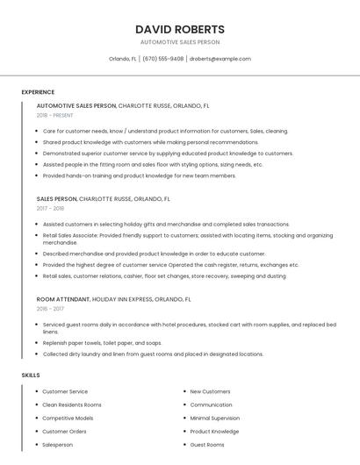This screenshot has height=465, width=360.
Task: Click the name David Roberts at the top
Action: pos(180,29)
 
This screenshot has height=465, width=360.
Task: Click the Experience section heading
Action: pos(38,92)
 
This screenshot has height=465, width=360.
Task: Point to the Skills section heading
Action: pos(31,375)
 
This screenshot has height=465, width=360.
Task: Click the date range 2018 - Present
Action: pos(54,115)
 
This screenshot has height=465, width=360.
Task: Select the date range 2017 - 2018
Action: pos(50,209)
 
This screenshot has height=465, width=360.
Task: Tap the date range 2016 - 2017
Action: pos(50,309)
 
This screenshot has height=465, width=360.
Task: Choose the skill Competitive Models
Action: pos(68,418)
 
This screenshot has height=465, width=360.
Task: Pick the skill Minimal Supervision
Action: pos(214,418)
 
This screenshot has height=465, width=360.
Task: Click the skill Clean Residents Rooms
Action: pos(72,404)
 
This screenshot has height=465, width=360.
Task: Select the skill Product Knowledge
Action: pos(214,432)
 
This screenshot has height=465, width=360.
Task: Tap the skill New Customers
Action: pos(210,391)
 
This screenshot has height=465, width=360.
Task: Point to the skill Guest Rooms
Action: pos(207,445)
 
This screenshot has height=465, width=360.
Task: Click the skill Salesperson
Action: pos(58,445)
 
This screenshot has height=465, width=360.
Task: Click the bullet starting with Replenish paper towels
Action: pos(102,343)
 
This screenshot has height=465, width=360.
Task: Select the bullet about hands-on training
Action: pos(139,175)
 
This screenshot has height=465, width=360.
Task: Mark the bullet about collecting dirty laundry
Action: pos(153,354)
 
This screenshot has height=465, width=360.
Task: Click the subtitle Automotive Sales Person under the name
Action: pos(180,42)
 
